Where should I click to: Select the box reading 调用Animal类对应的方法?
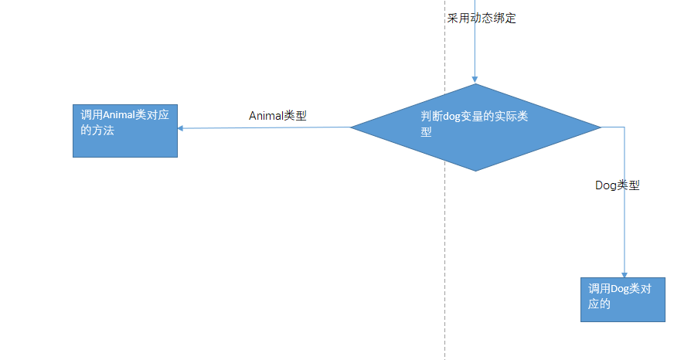[x=125, y=131]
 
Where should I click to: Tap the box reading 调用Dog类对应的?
[x=622, y=299]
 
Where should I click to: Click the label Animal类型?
[x=277, y=116]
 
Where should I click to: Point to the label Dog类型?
[x=617, y=185]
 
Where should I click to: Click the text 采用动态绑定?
[x=482, y=18]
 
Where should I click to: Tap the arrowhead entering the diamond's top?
[x=475, y=80]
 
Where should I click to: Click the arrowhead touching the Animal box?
[x=182, y=129]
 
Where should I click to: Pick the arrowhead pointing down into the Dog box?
[x=624, y=273]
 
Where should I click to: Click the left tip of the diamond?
[x=352, y=127]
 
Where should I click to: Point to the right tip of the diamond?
[x=601, y=127]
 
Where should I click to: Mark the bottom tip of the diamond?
[x=476, y=171]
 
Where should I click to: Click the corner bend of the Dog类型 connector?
[x=624, y=127]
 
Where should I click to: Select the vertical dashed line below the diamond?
[x=445, y=263]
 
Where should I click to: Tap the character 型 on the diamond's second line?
[x=426, y=132]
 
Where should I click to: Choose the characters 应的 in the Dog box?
[x=600, y=304]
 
